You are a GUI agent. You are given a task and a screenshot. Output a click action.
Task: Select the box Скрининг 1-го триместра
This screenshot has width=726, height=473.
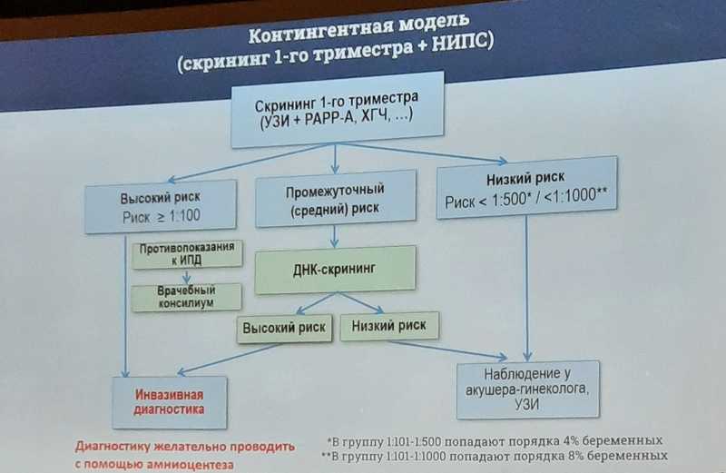tap(337, 110)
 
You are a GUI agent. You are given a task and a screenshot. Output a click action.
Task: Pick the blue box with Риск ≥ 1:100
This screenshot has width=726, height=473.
tap(161, 207)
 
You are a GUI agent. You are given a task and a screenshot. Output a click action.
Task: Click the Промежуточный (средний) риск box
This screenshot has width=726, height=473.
tap(335, 198)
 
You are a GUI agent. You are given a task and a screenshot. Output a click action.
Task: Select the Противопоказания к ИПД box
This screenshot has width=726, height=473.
tap(187, 254)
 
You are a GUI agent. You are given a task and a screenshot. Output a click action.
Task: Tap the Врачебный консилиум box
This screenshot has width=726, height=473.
tap(186, 297)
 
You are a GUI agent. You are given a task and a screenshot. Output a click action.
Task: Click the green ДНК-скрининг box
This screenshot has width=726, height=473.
tap(335, 270)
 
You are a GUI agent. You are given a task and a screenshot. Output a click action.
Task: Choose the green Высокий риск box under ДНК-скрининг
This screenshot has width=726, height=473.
tap(284, 329)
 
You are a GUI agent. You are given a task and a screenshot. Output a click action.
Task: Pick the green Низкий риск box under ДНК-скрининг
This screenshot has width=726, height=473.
tap(389, 326)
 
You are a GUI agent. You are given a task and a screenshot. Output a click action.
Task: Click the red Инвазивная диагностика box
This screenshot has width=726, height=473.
tap(170, 402)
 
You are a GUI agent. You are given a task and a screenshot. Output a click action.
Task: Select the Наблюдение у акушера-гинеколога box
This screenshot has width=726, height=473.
tap(528, 389)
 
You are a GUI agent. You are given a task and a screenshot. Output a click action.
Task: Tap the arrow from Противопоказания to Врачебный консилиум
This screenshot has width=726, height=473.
tap(187, 276)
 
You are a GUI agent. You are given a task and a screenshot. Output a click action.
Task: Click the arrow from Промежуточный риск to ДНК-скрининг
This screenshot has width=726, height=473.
tap(335, 236)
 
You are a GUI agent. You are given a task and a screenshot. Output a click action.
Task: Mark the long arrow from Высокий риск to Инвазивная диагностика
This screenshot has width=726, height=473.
tap(125, 306)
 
